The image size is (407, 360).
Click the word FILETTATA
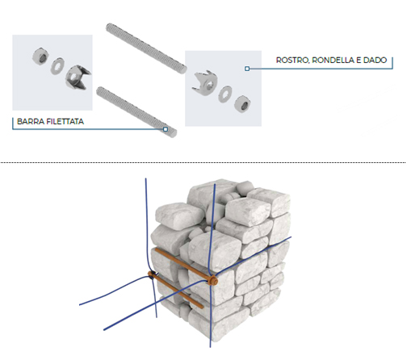click(x=65, y=122)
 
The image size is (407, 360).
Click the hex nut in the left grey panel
click(x=40, y=56)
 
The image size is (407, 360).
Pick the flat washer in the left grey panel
click(x=57, y=65)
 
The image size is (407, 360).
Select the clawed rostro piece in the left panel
click(x=78, y=77)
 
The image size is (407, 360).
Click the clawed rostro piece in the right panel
click(x=205, y=83)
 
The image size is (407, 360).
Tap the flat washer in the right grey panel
click(x=225, y=94)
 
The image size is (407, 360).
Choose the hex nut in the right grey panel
click(x=242, y=104)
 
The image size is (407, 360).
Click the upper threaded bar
click(x=146, y=48)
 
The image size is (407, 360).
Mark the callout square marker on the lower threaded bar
click(x=166, y=129)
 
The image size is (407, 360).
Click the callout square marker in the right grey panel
click(x=247, y=69)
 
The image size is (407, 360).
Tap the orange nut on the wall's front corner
click(x=213, y=281)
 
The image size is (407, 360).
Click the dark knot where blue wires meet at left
click(x=153, y=275)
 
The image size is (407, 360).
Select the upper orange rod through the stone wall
click(x=183, y=265)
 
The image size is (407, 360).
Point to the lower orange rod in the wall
click(x=177, y=291)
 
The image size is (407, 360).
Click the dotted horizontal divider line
click(x=203, y=162)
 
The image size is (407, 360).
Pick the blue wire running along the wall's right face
click(x=253, y=256)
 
